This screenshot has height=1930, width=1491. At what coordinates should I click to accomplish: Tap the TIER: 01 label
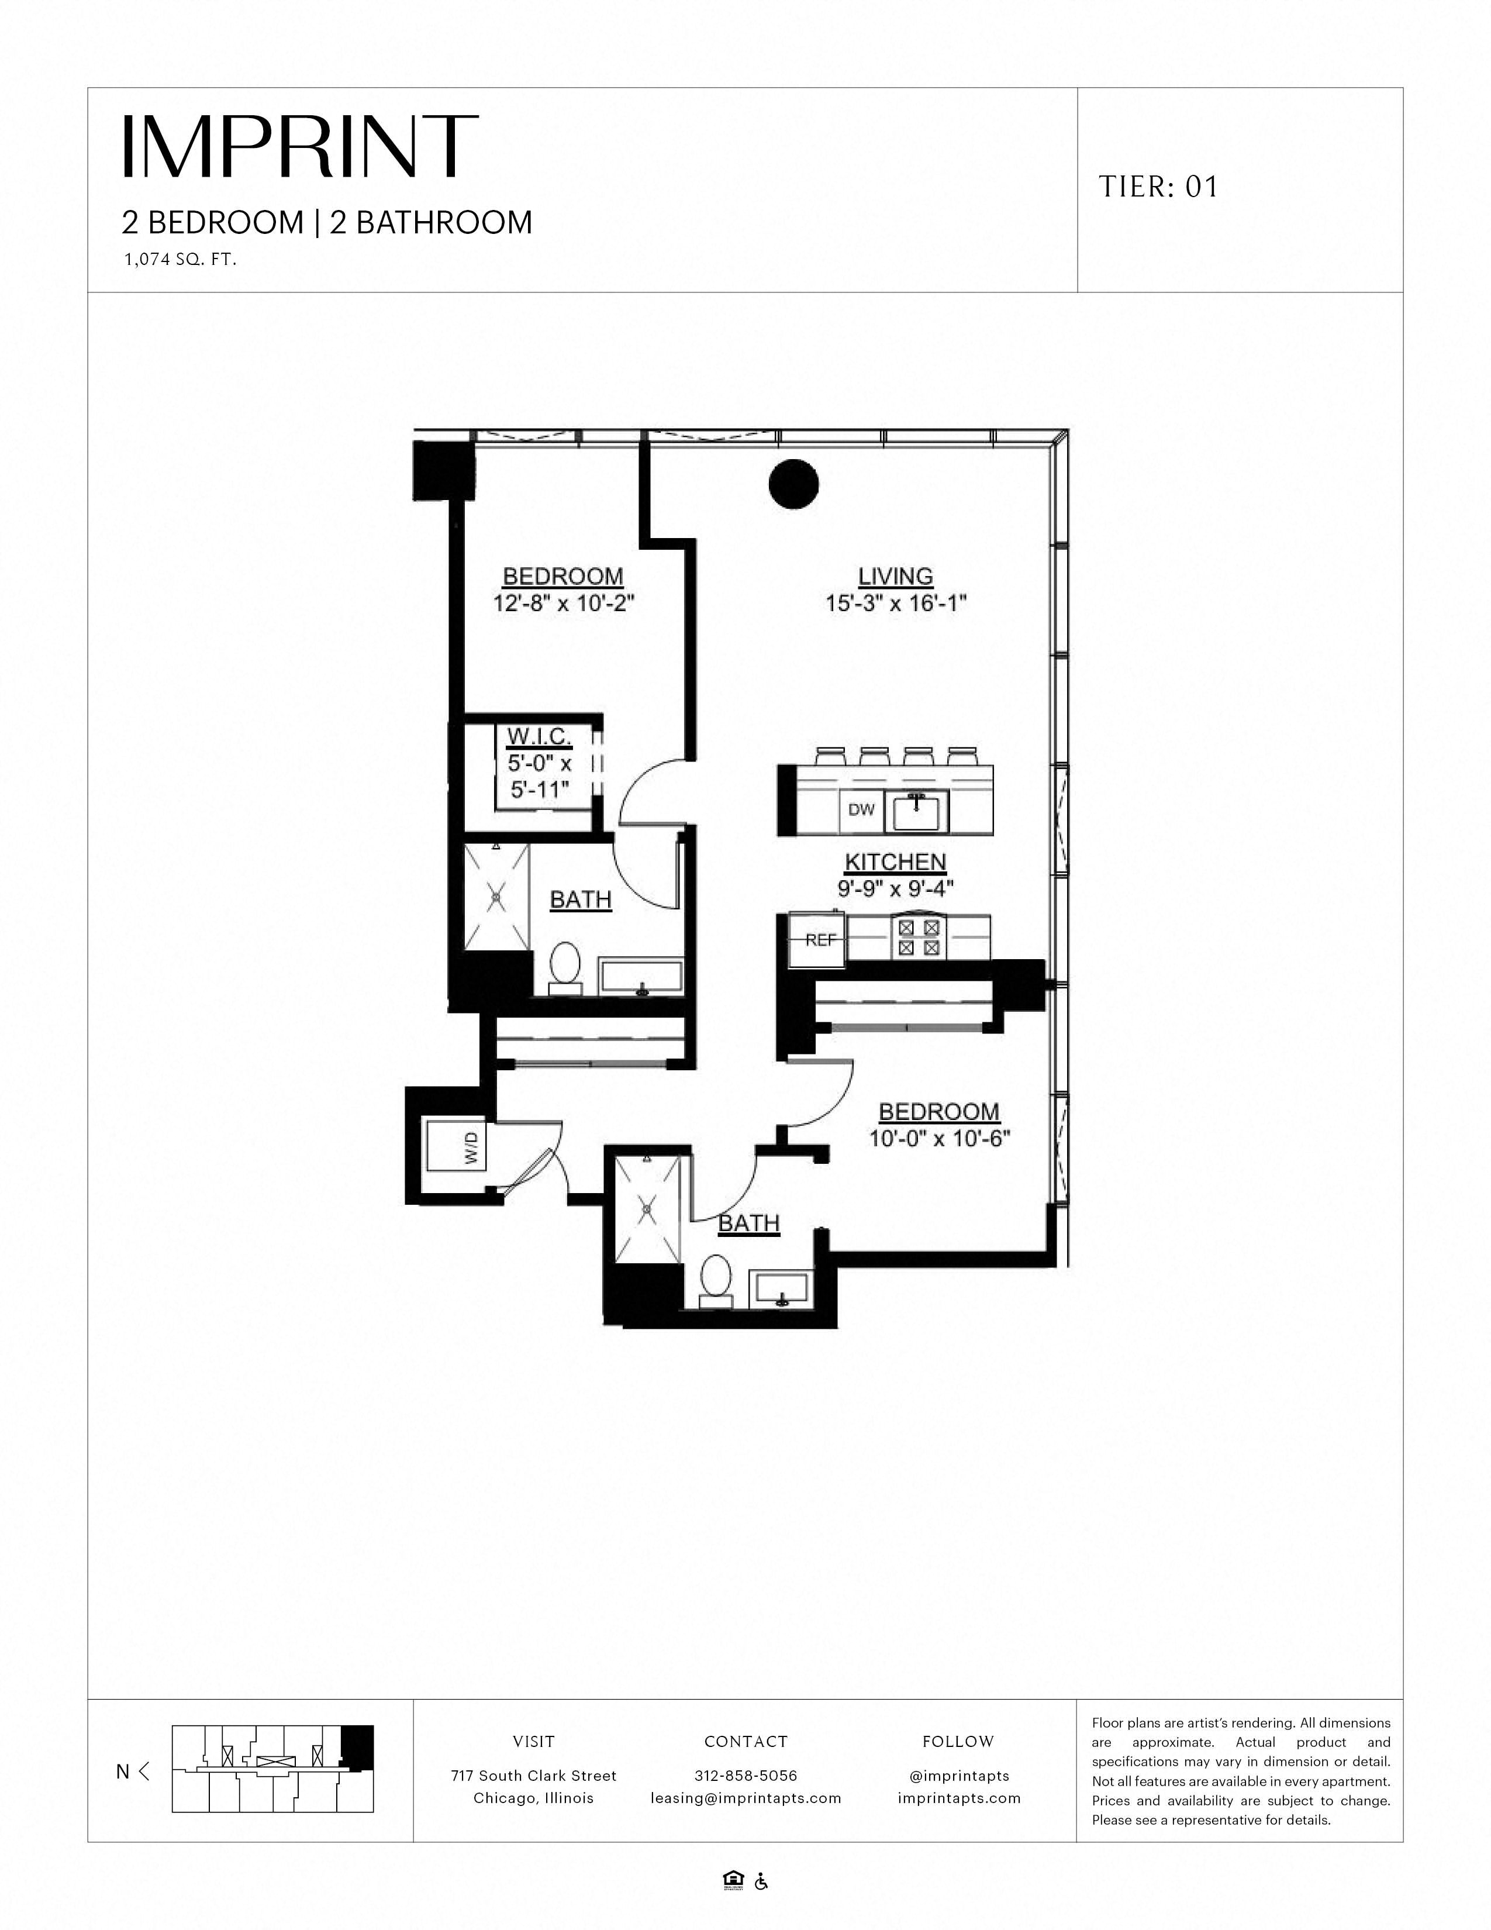pyautogui.click(x=1158, y=187)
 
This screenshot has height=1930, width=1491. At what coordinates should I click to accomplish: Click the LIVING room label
pyautogui.click(x=896, y=576)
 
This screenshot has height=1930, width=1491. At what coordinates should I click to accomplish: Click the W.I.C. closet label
pyautogui.click(x=539, y=736)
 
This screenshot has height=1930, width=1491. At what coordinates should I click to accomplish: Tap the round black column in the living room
pyautogui.click(x=793, y=484)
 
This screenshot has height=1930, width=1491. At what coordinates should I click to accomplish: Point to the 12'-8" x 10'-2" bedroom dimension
pyautogui.click(x=564, y=605)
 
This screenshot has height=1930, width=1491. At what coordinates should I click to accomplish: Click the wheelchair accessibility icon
pyautogui.click(x=761, y=1881)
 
